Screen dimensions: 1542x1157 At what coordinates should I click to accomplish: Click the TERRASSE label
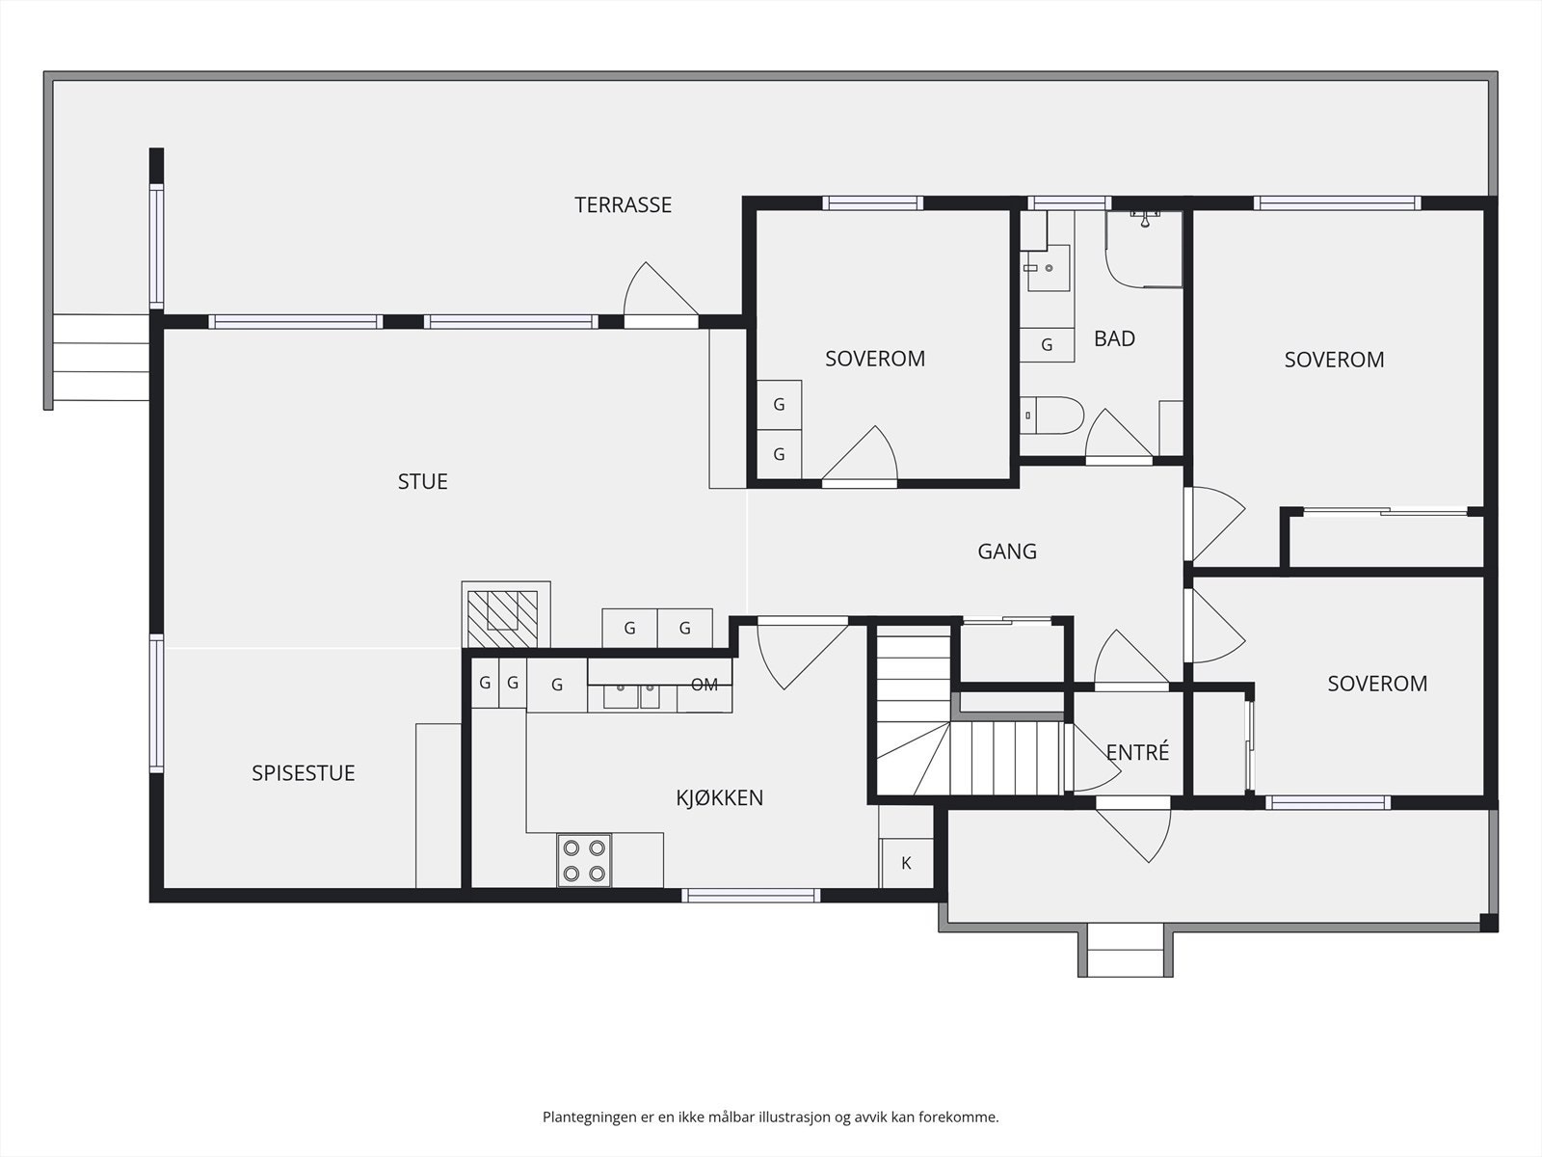click(624, 205)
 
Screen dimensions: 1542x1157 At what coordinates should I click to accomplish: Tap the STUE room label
click(422, 482)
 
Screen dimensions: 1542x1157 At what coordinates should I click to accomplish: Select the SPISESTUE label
click(304, 773)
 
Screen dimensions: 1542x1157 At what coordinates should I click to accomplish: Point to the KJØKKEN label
click(719, 798)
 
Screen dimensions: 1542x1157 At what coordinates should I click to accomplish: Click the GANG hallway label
click(1007, 552)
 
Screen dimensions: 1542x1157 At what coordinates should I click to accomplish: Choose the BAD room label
click(1114, 338)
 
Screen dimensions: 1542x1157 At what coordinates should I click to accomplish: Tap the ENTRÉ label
click(1137, 752)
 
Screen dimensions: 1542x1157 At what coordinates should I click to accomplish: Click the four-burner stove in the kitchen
click(584, 861)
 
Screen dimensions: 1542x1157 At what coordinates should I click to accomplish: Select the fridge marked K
click(906, 863)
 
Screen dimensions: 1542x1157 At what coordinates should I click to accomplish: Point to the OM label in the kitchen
click(705, 685)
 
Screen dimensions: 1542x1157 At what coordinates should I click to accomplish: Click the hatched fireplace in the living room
click(502, 619)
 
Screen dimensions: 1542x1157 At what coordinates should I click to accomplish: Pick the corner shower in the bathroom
click(1144, 250)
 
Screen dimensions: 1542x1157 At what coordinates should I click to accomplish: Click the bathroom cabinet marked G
click(1047, 345)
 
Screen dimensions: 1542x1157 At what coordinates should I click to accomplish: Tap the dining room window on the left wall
click(157, 704)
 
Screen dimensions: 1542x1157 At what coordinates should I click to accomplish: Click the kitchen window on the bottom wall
click(751, 896)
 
